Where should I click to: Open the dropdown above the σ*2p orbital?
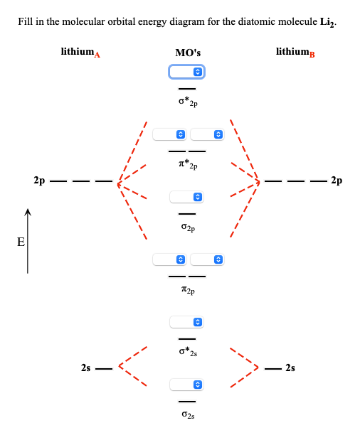pyautogui.click(x=186, y=72)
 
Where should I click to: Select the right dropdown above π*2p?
pyautogui.click(x=207, y=134)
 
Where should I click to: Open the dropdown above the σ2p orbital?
pyautogui.click(x=187, y=197)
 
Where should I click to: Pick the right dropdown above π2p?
pyautogui.click(x=207, y=259)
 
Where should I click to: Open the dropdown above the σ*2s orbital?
pyautogui.click(x=187, y=323)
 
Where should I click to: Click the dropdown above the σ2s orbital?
pyautogui.click(x=187, y=385)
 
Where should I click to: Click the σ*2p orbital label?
pyautogui.click(x=188, y=102)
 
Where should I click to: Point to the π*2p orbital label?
pyautogui.click(x=188, y=165)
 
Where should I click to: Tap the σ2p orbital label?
pyautogui.click(x=188, y=228)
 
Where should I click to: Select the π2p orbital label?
pyautogui.click(x=188, y=290)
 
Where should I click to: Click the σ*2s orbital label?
pyautogui.click(x=188, y=352)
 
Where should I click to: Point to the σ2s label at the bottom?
pyautogui.click(x=188, y=414)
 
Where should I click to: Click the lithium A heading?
pyautogui.click(x=80, y=52)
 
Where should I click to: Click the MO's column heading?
pyautogui.click(x=188, y=53)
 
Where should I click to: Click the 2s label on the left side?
pyautogui.click(x=86, y=368)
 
